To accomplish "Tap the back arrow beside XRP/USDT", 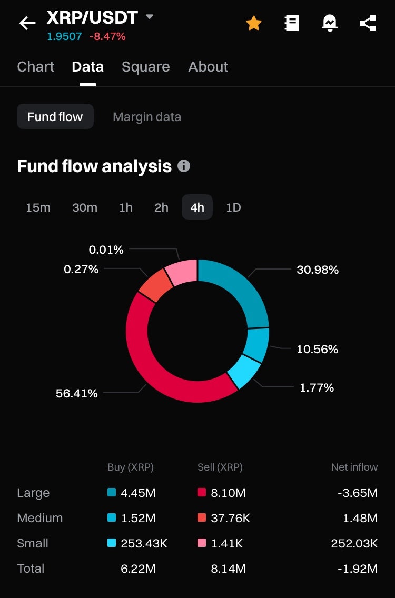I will pyautogui.click(x=27, y=23).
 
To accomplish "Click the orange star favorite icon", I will pyautogui.click(x=254, y=23).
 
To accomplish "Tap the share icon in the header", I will pyautogui.click(x=368, y=23).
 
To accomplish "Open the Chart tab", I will pyautogui.click(x=36, y=67).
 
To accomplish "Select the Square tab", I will pyautogui.click(x=145, y=67).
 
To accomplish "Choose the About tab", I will pyautogui.click(x=208, y=67).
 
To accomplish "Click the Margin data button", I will pyautogui.click(x=147, y=117).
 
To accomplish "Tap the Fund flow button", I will pyautogui.click(x=55, y=117).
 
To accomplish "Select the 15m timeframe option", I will pyautogui.click(x=38, y=207).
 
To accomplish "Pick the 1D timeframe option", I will pyautogui.click(x=233, y=207).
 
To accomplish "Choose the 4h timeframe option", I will pyautogui.click(x=197, y=207).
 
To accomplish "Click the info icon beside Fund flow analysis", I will pyautogui.click(x=184, y=166).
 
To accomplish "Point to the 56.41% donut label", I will pyautogui.click(x=77, y=394).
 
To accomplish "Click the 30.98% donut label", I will pyautogui.click(x=318, y=270).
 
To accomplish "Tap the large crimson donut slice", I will pyautogui.click(x=158, y=368).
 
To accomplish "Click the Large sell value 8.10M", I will pyautogui.click(x=229, y=493).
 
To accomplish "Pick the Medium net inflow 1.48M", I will pyautogui.click(x=360, y=519).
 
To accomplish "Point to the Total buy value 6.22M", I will pyautogui.click(x=138, y=569).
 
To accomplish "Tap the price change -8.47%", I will pyautogui.click(x=107, y=37).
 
